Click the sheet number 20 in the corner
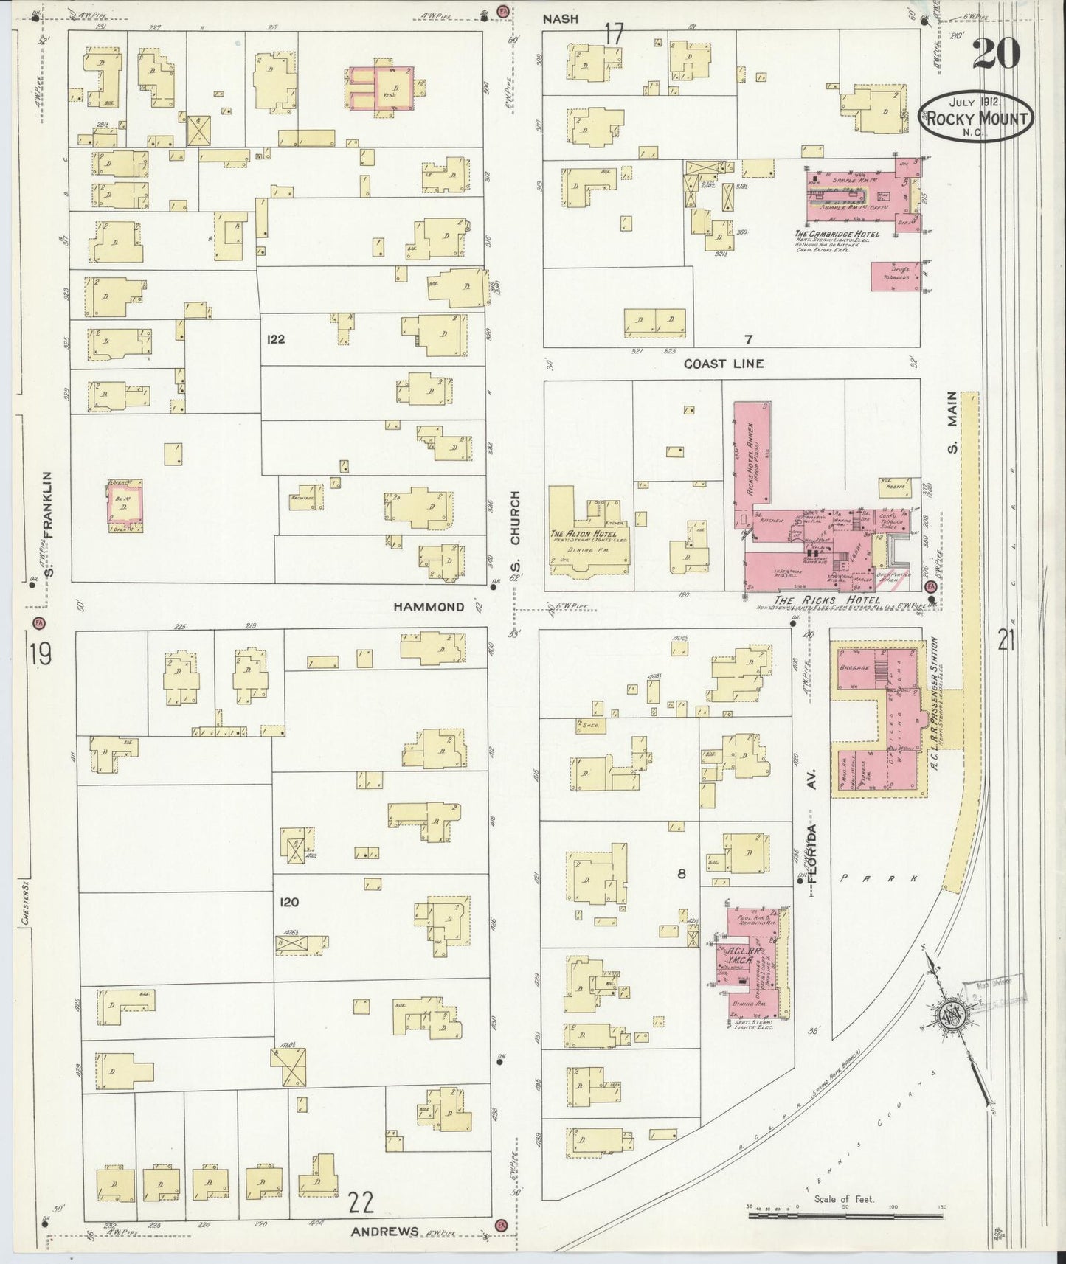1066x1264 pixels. [x=996, y=52]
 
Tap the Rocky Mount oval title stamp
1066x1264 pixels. [x=975, y=117]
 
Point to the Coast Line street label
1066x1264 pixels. [x=723, y=364]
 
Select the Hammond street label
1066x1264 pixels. [x=429, y=607]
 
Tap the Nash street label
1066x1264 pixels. [x=561, y=20]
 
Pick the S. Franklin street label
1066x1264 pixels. [x=49, y=525]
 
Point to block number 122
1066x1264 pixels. [x=277, y=340]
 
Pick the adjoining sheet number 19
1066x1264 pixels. [x=41, y=654]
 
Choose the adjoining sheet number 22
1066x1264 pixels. [x=361, y=1203]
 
